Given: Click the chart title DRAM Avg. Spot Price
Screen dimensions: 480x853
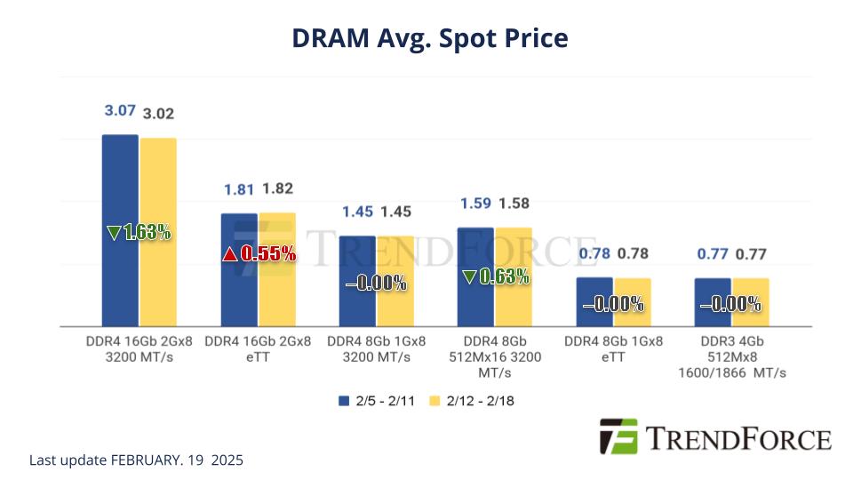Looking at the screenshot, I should click(x=430, y=38).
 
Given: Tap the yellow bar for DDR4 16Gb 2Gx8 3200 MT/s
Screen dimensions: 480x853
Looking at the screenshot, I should click(x=158, y=267).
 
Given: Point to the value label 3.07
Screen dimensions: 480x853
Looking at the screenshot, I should click(x=120, y=111).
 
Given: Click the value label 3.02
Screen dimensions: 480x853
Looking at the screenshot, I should click(x=159, y=114).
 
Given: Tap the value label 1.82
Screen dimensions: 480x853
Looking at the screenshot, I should click(x=277, y=188).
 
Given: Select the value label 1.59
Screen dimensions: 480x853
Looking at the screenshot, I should click(x=475, y=204).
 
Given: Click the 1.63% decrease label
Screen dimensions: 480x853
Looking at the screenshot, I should click(x=139, y=233).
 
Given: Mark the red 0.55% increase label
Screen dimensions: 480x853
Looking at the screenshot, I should click(x=258, y=254).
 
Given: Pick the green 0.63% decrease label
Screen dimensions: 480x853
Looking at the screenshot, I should click(x=495, y=276).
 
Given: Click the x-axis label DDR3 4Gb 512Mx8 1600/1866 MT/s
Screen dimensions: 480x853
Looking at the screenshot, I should click(x=731, y=356).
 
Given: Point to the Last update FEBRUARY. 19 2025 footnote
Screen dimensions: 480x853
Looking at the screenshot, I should click(x=136, y=460).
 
